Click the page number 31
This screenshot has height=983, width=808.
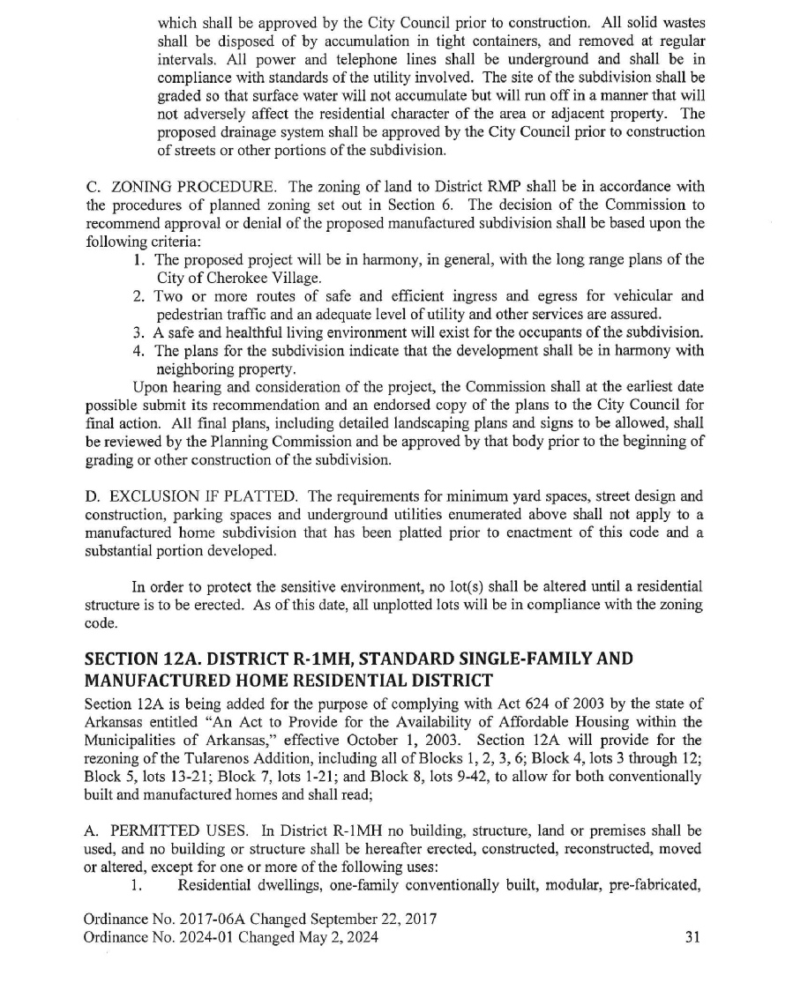[x=693, y=938]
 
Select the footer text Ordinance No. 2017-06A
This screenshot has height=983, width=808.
[x=158, y=920]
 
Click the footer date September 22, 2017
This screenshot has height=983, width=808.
[x=346, y=920]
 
